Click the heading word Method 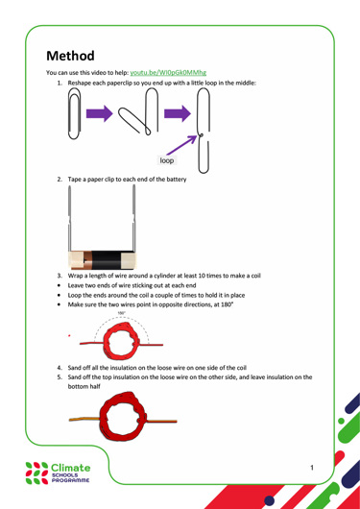pyautogui.click(x=70, y=56)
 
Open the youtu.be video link pyautogui.click(x=168, y=72)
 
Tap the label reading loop pyautogui.click(x=167, y=160)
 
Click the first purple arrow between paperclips pyautogui.click(x=99, y=113)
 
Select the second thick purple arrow pyautogui.click(x=178, y=113)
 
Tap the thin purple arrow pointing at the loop pyautogui.click(x=181, y=145)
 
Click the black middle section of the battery pyautogui.click(x=107, y=260)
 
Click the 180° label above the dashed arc pyautogui.click(x=121, y=313)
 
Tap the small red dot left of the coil pyautogui.click(x=69, y=335)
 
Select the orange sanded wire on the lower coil pyautogui.click(x=85, y=419)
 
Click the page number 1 pyautogui.click(x=312, y=468)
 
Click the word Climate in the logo pyautogui.click(x=71, y=468)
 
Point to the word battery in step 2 pyautogui.click(x=177, y=180)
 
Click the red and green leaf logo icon pyautogui.click(x=37, y=473)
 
